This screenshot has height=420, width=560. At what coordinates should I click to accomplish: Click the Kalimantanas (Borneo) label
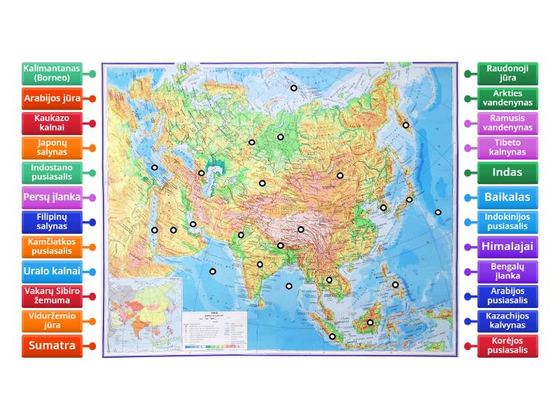[x=52, y=73]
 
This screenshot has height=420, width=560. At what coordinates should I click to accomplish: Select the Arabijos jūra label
[x=52, y=99]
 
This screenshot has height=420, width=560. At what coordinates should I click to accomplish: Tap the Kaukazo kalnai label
[x=52, y=123]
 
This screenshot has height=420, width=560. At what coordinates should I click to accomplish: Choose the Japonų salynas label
[x=52, y=148]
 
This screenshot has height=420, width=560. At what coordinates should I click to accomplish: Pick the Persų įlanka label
[x=52, y=197]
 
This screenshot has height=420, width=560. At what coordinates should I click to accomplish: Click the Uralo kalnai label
[x=52, y=271]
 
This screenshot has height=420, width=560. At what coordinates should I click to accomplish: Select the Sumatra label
[x=52, y=346]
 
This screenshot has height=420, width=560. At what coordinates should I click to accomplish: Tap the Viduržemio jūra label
[x=52, y=321]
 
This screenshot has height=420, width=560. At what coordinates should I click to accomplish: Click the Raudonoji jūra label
[x=507, y=73]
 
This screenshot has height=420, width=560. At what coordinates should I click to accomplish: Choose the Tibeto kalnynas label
[x=507, y=148]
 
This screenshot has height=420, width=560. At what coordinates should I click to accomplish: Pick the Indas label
[x=507, y=173]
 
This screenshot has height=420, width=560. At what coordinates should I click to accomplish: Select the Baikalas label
[x=507, y=197]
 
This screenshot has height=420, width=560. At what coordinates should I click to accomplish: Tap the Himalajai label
[x=507, y=246]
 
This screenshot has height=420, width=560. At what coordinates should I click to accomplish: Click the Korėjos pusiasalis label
[x=507, y=346]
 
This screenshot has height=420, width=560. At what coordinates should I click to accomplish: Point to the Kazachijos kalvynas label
[x=507, y=321]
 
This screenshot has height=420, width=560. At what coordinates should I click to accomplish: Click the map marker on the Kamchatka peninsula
[x=405, y=125]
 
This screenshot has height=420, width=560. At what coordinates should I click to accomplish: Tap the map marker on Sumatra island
[x=332, y=337]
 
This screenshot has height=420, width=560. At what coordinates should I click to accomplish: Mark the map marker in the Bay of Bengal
[x=289, y=286]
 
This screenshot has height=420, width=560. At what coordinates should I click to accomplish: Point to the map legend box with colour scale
[x=215, y=330]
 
